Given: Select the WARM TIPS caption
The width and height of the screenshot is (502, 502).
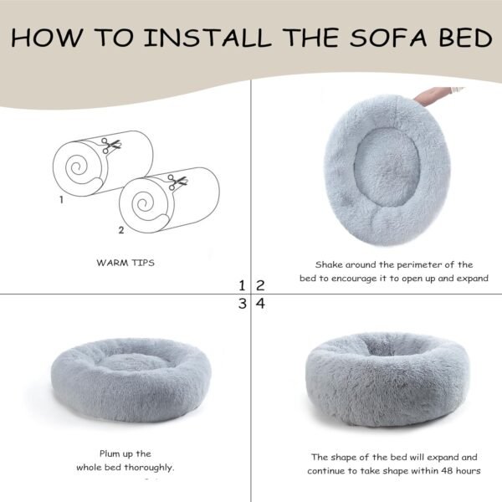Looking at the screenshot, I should point(125,263).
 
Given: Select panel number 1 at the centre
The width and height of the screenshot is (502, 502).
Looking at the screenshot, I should point(242,285).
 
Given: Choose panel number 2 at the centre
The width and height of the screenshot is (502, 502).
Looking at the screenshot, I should point(260,285).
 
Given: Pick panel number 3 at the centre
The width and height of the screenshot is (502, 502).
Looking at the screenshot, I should point(242,304).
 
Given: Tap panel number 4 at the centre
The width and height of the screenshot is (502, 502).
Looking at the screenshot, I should point(260,304).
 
